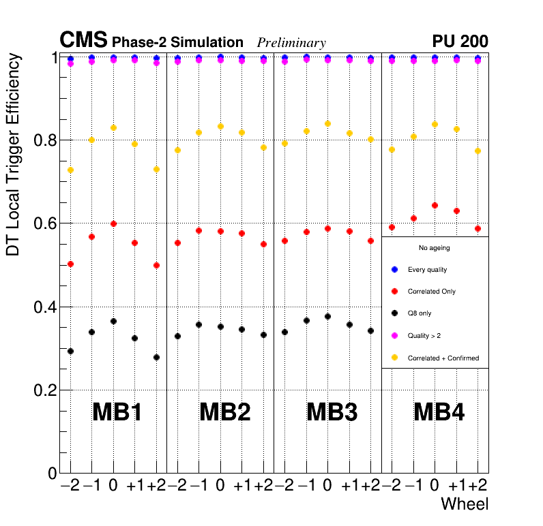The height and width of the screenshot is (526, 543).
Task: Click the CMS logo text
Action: click(x=83, y=41)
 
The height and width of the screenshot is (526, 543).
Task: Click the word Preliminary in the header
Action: click(x=291, y=43)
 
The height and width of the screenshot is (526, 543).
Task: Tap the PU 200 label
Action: click(x=460, y=42)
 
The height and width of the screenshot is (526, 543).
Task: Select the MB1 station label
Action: click(x=117, y=412)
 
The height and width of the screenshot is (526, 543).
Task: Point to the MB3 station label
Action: click(x=332, y=412)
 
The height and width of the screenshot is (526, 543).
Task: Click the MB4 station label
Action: click(x=439, y=412)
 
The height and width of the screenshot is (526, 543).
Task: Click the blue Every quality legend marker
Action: click(x=394, y=270)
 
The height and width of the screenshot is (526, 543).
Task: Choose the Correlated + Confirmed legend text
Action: click(x=443, y=358)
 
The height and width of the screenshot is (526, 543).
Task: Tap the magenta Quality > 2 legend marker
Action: click(x=394, y=335)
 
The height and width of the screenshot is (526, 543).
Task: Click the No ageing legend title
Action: click(x=434, y=248)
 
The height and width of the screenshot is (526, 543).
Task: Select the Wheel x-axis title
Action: click(x=465, y=504)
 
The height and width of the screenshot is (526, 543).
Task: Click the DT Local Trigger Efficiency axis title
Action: click(x=13, y=155)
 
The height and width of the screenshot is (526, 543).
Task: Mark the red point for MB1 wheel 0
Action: click(x=113, y=223)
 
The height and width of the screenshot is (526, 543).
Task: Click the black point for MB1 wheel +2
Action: click(x=156, y=357)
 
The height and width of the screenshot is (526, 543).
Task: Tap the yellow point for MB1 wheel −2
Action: click(x=70, y=170)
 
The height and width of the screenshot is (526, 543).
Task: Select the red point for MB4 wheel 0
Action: click(x=435, y=205)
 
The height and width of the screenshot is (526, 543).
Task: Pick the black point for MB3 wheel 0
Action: click(x=327, y=316)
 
